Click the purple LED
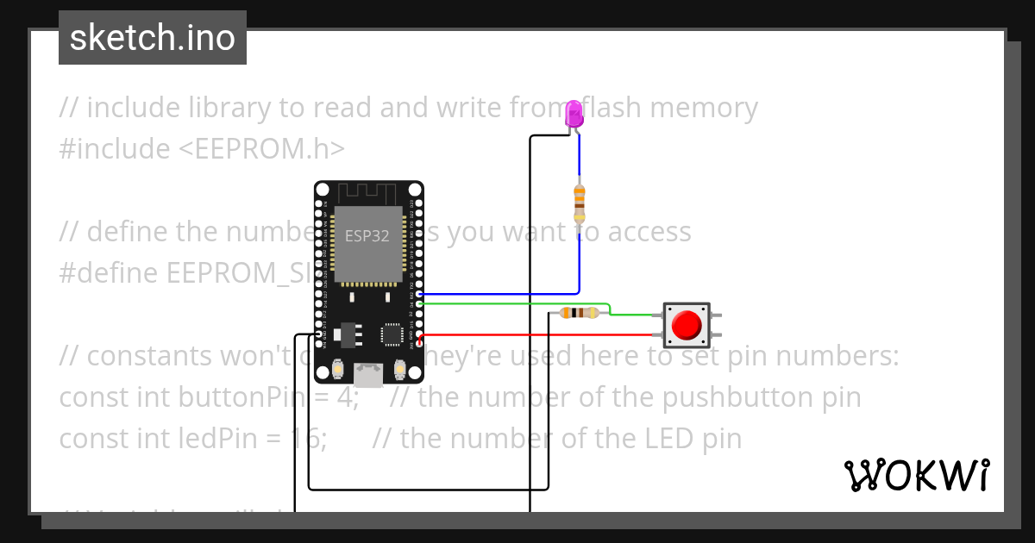click(574, 115)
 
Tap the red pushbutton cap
click(687, 325)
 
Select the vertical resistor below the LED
click(579, 203)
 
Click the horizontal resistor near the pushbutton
click(578, 313)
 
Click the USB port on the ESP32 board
click(369, 375)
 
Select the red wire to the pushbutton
click(535, 334)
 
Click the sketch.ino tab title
click(153, 39)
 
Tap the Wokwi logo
click(917, 475)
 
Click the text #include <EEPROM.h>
click(202, 149)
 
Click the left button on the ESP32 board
click(338, 370)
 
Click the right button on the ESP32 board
click(399, 370)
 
